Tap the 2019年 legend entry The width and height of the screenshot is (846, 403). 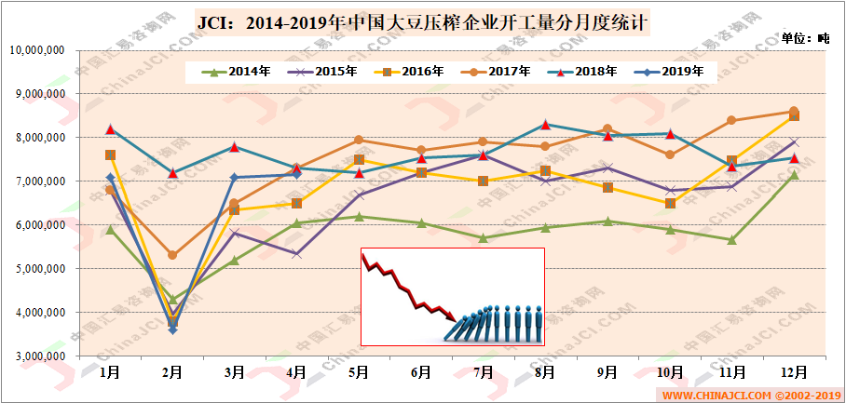669,71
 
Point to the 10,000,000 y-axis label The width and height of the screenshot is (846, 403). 36,50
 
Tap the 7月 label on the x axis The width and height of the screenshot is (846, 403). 484,372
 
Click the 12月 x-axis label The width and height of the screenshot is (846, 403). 793,372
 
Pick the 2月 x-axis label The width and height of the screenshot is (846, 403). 172,372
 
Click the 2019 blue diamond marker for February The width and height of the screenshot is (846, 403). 172,329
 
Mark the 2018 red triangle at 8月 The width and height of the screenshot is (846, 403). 545,124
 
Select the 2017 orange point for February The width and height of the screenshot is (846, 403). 172,255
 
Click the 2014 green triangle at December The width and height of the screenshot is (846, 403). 794,175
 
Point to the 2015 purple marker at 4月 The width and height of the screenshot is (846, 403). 296,253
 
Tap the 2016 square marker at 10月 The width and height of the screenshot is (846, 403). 670,203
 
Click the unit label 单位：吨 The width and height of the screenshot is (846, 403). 805,38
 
